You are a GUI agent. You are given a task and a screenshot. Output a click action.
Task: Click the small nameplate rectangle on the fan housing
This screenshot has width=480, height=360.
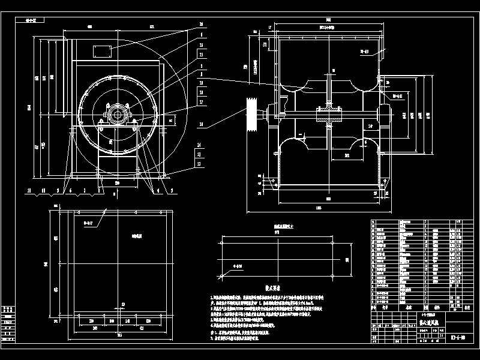[100, 49]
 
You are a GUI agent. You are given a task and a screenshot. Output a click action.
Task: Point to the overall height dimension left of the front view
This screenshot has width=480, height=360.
[37, 107]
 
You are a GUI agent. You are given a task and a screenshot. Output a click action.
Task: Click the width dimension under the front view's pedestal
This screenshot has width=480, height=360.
[117, 182]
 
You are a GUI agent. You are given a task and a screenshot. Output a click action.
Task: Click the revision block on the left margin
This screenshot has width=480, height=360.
[8, 324]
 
